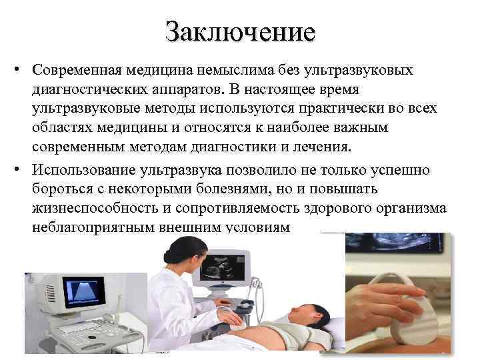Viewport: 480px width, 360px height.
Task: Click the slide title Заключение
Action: (x=240, y=31)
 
